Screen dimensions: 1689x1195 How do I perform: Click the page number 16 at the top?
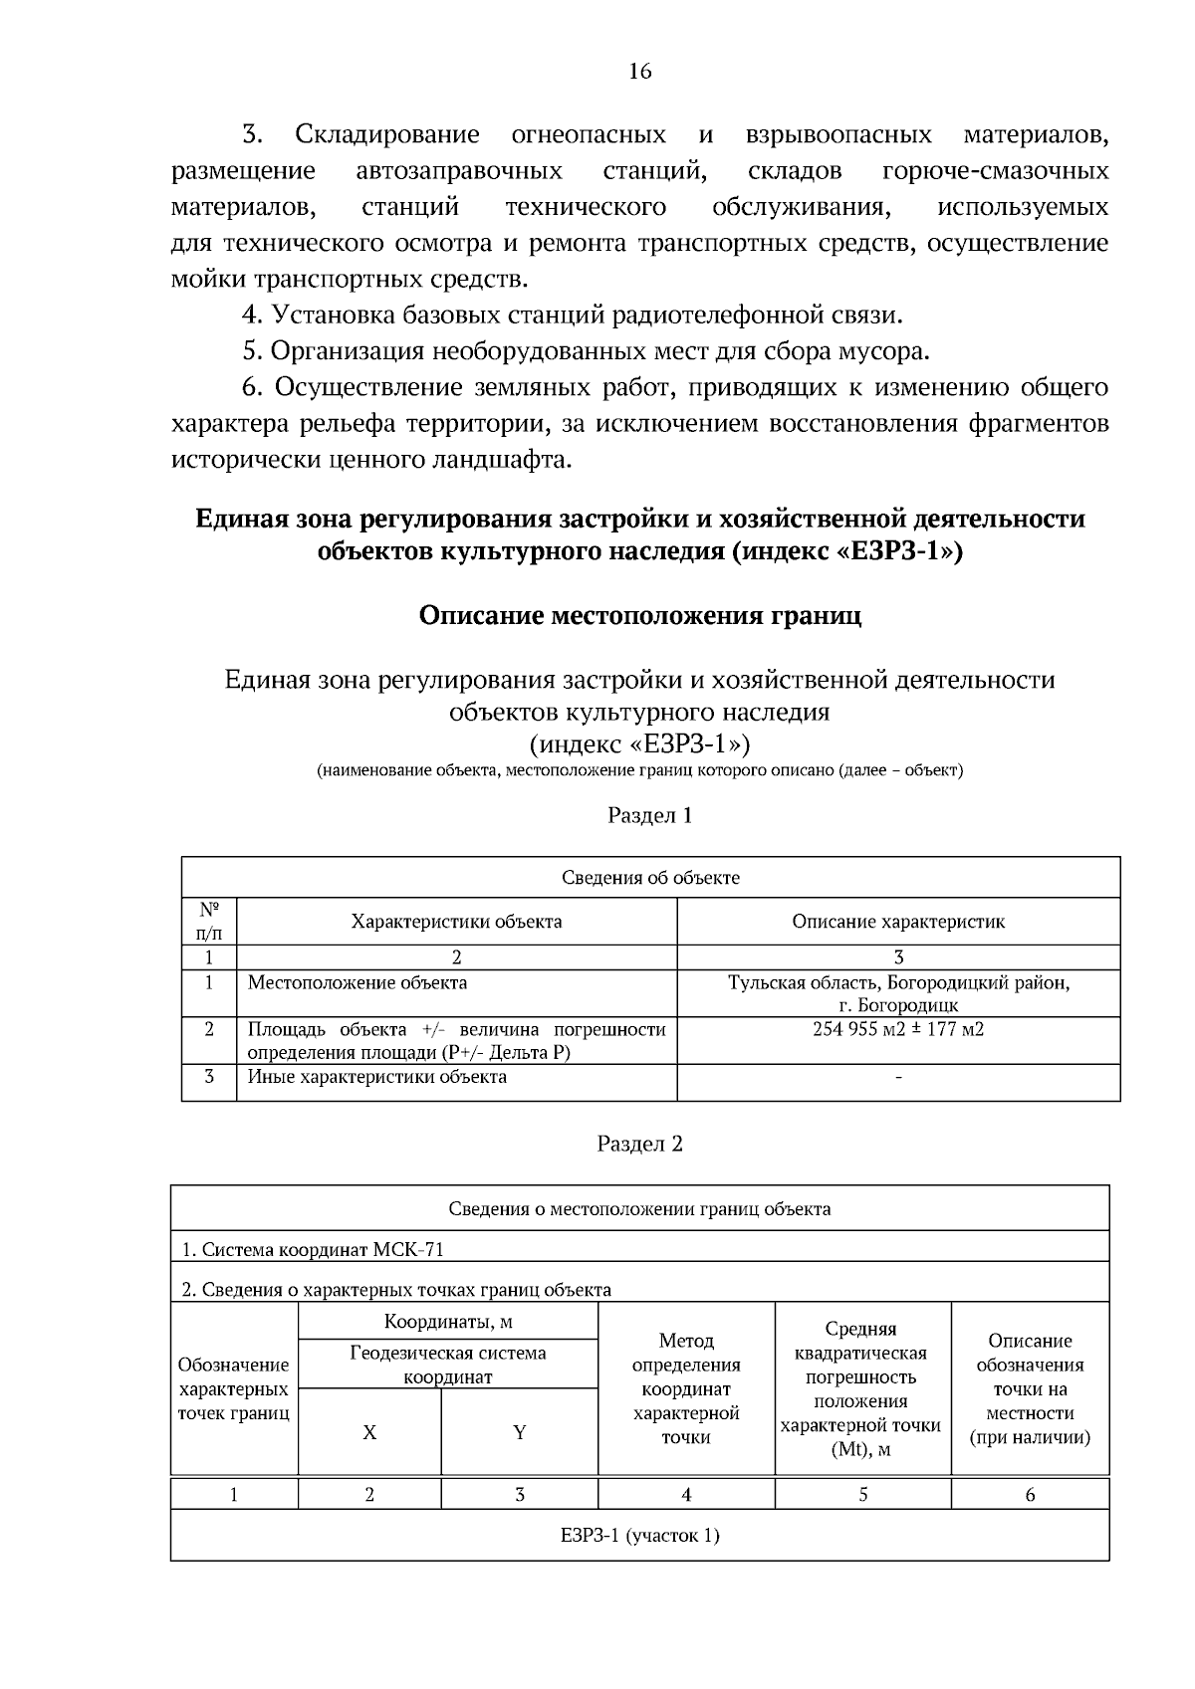[x=639, y=71]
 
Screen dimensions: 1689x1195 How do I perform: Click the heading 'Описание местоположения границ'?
[x=639, y=615]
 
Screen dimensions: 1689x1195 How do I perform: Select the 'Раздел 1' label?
[x=649, y=815]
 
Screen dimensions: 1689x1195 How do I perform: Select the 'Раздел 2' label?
[x=639, y=1144]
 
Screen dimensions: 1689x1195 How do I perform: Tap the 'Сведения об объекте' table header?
[x=650, y=877]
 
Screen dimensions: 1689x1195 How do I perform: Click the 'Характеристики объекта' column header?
[x=456, y=921]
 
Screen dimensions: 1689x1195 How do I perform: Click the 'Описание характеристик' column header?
[x=898, y=921]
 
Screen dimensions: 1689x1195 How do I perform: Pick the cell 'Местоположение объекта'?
[x=357, y=982]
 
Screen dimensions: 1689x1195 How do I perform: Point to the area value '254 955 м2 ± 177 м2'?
[x=898, y=1029]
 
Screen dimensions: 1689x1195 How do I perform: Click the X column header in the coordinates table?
[x=369, y=1432]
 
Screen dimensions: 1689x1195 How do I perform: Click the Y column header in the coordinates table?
[x=519, y=1432]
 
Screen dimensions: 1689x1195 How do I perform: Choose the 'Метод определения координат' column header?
[x=686, y=1388]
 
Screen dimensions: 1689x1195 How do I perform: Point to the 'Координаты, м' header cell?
[x=448, y=1322]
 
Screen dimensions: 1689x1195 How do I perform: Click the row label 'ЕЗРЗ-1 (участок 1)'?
[x=639, y=1535]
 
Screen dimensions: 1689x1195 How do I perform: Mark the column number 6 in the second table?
[x=1030, y=1494]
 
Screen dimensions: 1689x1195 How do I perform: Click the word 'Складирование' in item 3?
[x=387, y=134]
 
